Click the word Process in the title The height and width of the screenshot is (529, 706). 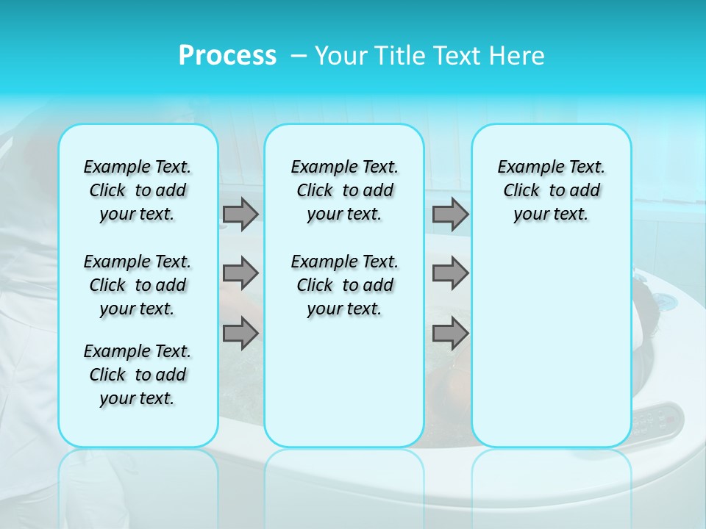227,56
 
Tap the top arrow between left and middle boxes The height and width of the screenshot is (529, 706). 240,214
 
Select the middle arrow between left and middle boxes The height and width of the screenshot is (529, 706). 240,273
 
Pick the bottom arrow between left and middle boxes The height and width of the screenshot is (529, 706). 240,333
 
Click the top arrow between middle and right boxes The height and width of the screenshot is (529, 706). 450,214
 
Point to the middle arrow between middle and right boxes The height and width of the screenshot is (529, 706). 450,273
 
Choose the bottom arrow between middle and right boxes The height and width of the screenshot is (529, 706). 450,333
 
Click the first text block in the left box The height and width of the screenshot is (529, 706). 138,190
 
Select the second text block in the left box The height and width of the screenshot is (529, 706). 138,285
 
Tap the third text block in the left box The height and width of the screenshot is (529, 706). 138,375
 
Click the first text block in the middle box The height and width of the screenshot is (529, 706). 344,190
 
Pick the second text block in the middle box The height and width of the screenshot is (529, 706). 344,285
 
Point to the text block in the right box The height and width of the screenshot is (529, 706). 551,190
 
